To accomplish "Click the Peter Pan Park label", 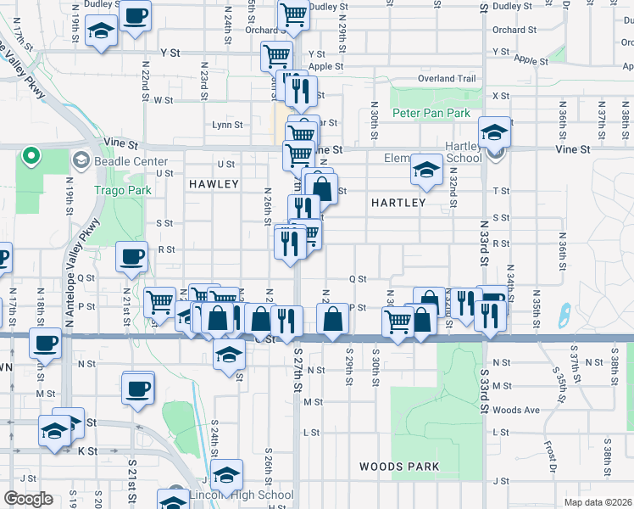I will [x=431, y=113].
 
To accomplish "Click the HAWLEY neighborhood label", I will [x=214, y=184].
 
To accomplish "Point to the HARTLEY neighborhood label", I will [x=398, y=203].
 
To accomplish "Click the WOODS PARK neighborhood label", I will [x=398, y=467].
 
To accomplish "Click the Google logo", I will [x=27, y=499].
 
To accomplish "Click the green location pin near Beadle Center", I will [x=31, y=156].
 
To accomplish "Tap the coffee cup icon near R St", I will [x=131, y=257].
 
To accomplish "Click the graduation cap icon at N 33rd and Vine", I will [x=494, y=131].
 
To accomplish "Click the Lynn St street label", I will [x=226, y=125].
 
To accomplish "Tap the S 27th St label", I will [x=298, y=367].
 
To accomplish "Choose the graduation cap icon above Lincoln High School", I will [x=226, y=473].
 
